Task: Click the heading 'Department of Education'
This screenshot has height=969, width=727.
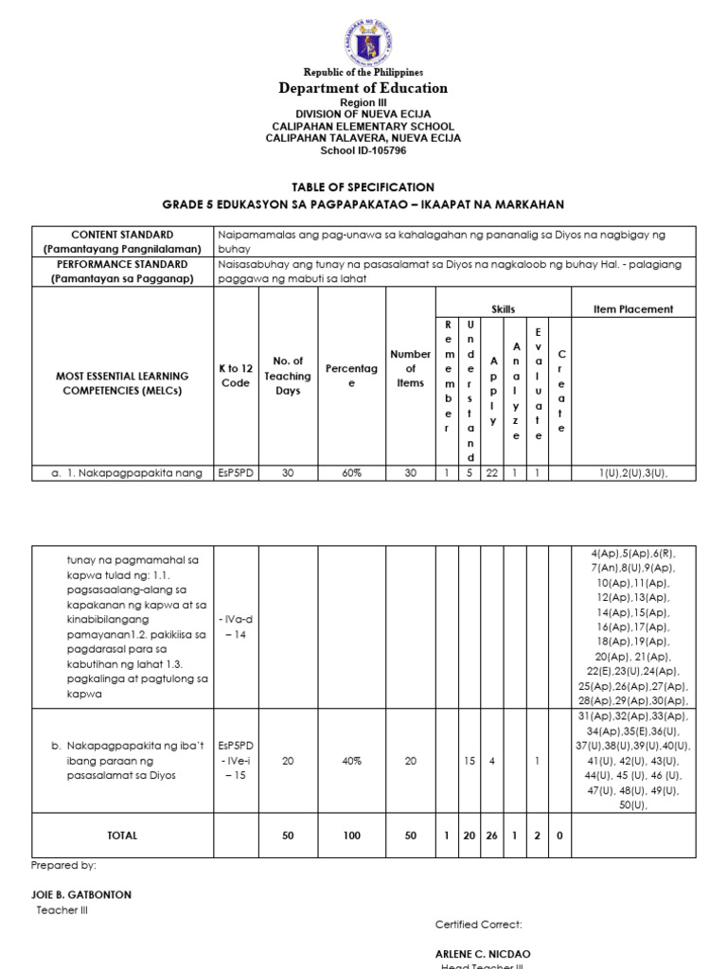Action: pos(363,88)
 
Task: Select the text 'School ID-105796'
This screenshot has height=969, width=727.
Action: pos(363,150)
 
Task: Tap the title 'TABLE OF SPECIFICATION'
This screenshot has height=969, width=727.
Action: pos(363,187)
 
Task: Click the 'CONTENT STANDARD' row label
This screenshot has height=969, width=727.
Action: pos(122,234)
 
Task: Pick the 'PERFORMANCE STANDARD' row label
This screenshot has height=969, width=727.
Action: pos(122,265)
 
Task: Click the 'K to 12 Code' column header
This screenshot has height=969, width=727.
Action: pos(236,376)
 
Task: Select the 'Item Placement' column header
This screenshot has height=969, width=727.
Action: pos(633,308)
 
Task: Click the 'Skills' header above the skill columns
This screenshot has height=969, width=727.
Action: pos(503,308)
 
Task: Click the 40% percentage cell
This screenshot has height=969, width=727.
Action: pos(350,761)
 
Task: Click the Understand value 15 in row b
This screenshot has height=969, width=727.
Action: pos(469,761)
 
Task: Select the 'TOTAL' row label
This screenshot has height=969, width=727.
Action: pos(122,836)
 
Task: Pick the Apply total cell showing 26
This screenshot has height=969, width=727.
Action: pos(491,836)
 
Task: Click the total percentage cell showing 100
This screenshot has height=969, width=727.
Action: pos(350,836)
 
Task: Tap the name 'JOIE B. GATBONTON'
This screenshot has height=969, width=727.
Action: pos(81,894)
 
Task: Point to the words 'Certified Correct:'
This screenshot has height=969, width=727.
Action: pos(478,924)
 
